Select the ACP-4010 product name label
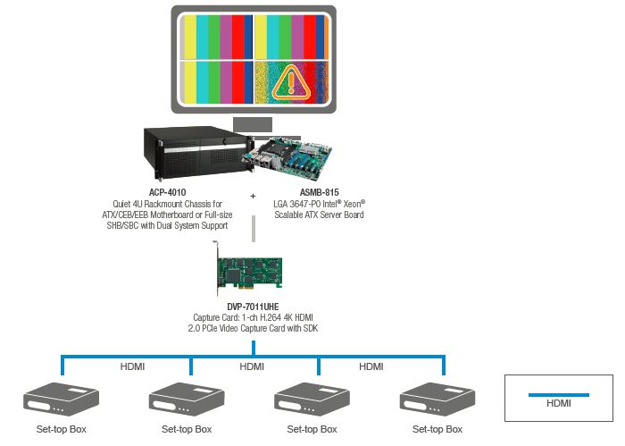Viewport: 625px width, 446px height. pyautogui.click(x=168, y=192)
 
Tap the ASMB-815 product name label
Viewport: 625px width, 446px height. pyautogui.click(x=320, y=192)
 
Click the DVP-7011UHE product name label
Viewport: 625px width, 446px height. pyautogui.click(x=253, y=307)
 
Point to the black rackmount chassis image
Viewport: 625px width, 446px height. pyautogui.click(x=195, y=153)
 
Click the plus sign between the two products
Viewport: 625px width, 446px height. pyautogui.click(x=253, y=195)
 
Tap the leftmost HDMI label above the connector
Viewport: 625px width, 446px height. pyautogui.click(x=132, y=366)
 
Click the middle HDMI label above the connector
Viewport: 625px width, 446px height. pyautogui.click(x=252, y=366)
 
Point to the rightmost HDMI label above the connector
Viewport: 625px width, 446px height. pyautogui.click(x=371, y=366)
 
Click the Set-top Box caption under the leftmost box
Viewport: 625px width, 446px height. pyautogui.click(x=61, y=430)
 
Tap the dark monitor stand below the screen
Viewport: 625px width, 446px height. pyautogui.click(x=253, y=123)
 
